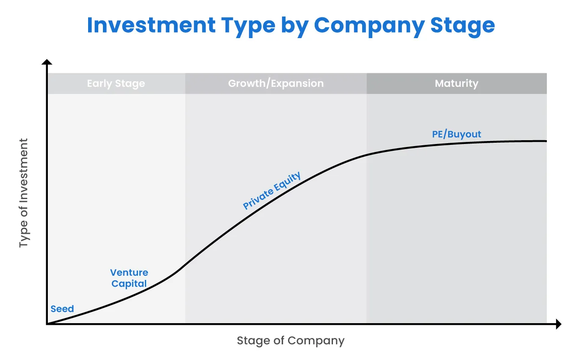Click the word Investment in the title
(x=151, y=25)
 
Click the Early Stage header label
(x=116, y=83)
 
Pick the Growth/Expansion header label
(x=276, y=83)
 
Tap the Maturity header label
(x=456, y=83)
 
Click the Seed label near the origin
(x=62, y=309)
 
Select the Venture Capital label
(x=129, y=278)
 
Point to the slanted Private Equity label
(x=272, y=191)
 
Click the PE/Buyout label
(x=457, y=134)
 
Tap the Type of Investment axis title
(x=24, y=193)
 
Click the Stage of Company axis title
(x=291, y=341)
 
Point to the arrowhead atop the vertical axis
(x=47, y=62)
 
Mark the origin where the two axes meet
(x=47, y=324)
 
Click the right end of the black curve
(x=546, y=141)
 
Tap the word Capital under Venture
(x=129, y=283)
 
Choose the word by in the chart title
(x=296, y=25)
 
